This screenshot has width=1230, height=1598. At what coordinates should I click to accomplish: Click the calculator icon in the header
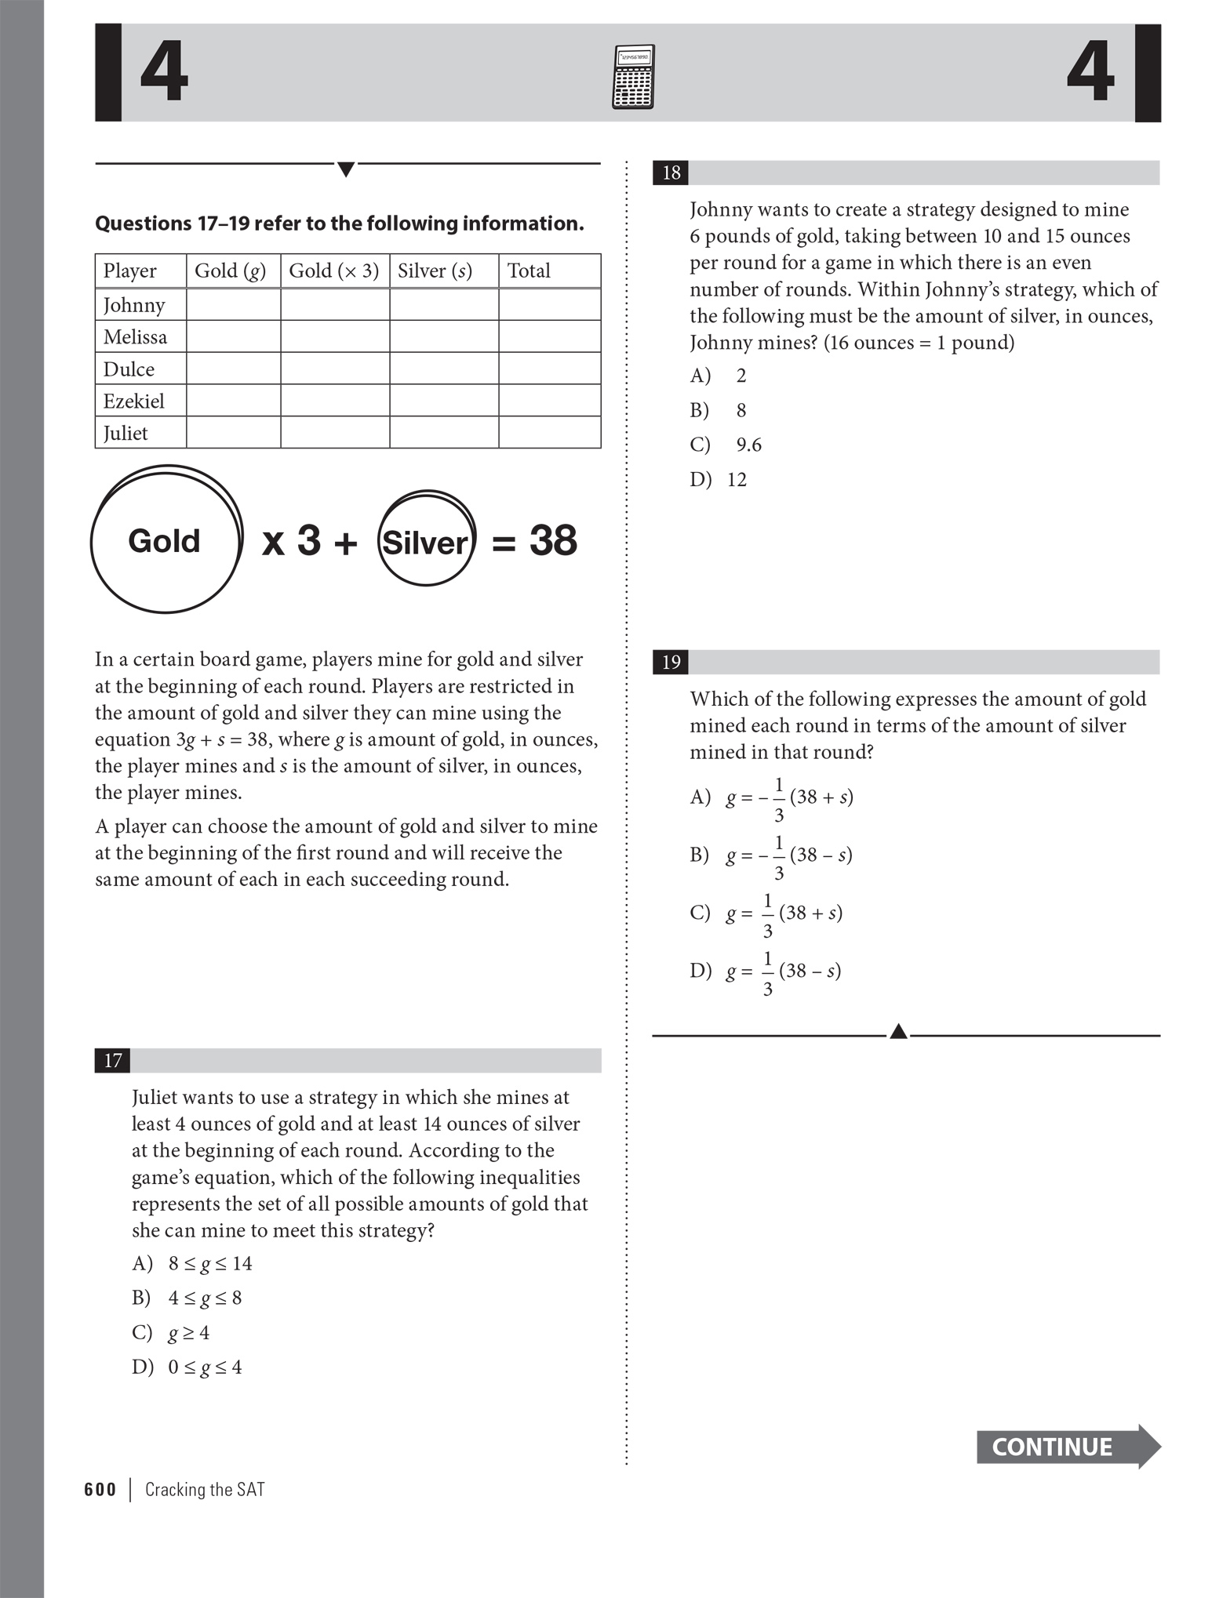[632, 77]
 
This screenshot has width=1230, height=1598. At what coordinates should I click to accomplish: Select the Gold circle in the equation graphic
[165, 540]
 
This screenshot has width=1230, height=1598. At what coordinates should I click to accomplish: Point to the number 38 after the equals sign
[553, 540]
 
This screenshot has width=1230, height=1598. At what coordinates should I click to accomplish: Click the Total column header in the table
[529, 271]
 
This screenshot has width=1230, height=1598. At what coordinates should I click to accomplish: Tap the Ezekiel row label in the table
[134, 401]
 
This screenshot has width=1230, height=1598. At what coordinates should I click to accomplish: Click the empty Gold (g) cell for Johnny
[233, 305]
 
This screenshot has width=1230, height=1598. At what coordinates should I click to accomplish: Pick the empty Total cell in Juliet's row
[549, 433]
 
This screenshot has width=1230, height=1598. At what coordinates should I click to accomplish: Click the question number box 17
[113, 1061]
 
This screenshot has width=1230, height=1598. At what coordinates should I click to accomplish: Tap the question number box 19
[671, 663]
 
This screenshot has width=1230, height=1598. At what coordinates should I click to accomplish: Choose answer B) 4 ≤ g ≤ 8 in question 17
[188, 1298]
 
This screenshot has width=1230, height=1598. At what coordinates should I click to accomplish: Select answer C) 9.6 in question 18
[727, 445]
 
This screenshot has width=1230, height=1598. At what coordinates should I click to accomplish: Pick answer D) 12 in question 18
[719, 479]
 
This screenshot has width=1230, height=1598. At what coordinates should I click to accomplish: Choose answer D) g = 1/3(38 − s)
[766, 971]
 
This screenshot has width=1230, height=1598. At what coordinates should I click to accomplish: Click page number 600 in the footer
[100, 1490]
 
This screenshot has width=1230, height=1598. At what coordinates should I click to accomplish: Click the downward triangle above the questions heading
[345, 169]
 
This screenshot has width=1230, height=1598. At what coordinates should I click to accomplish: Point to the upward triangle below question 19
[899, 1032]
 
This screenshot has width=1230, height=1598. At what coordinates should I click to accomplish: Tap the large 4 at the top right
[1090, 73]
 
